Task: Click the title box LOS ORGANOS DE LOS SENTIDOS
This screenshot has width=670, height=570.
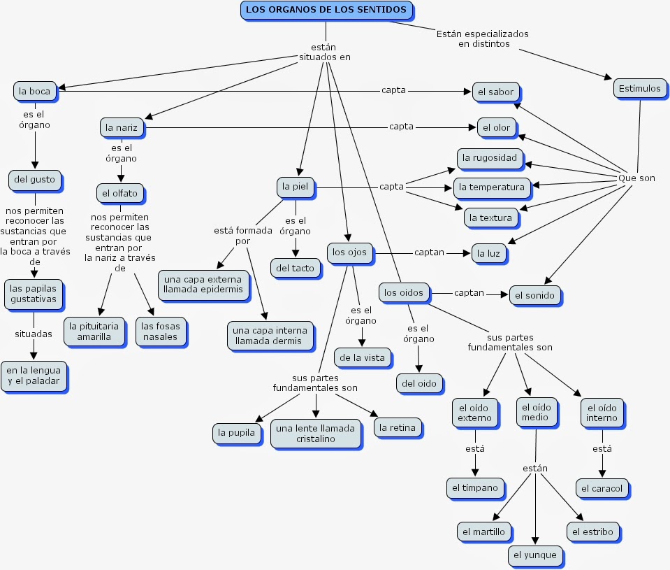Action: (x=327, y=10)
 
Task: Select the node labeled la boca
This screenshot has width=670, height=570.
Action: (x=35, y=92)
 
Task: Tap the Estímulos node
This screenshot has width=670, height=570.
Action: (x=640, y=89)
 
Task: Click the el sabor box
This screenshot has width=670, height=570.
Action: (x=496, y=92)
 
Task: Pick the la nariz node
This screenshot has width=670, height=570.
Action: (x=122, y=128)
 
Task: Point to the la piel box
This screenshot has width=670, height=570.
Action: (x=296, y=187)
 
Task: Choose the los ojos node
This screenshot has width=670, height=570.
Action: (x=350, y=252)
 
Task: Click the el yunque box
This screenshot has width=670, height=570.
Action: (x=535, y=555)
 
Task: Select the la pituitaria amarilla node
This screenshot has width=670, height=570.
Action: (x=94, y=332)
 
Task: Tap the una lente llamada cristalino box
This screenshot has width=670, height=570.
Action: (x=316, y=434)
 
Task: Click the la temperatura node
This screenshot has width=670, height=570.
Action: (x=492, y=187)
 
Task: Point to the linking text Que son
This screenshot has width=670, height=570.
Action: (x=636, y=178)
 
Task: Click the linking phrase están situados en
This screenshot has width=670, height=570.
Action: (x=325, y=52)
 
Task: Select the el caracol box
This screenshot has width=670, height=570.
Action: (x=602, y=489)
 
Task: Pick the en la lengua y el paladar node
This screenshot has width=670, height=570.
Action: (x=34, y=376)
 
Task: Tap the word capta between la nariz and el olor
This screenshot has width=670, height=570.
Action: (x=401, y=127)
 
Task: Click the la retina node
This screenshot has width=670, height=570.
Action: (x=398, y=428)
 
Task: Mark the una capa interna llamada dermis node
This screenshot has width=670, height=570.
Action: (x=270, y=336)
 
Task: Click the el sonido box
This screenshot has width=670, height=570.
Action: (x=535, y=296)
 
